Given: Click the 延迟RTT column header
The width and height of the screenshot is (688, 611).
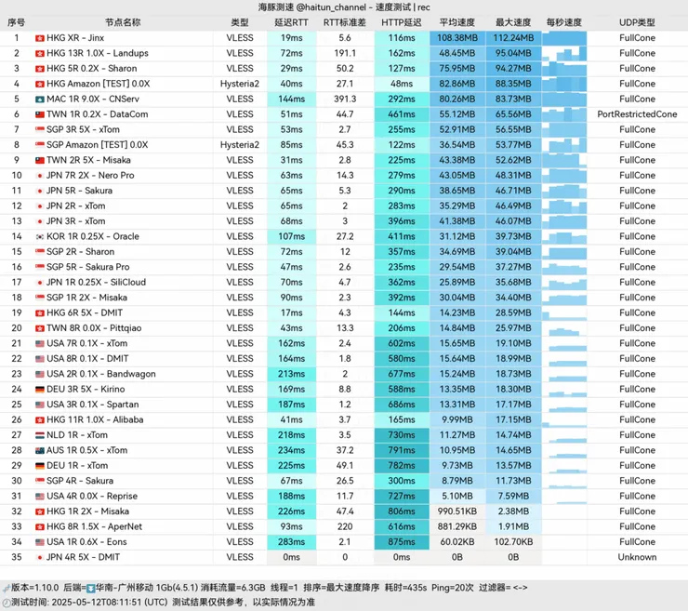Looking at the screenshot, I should pos(291,22).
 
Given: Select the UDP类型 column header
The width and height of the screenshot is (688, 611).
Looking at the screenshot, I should pos(637,22).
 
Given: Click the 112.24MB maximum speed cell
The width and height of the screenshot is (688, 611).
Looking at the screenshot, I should pos(513,38).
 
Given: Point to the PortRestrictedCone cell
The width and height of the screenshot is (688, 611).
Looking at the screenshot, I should pos(637,114).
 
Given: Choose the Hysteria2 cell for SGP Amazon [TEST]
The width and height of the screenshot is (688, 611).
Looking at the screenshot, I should pos(240,145).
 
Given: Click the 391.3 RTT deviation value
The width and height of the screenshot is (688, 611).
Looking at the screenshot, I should pos(345,99).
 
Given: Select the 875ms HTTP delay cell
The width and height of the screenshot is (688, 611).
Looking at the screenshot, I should pos(402,542).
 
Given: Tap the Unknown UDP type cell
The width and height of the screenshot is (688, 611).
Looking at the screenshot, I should pos(637,557).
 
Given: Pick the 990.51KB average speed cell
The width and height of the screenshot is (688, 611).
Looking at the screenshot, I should pos(457,511).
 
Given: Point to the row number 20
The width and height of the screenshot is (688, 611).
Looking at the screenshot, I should pos(16,328).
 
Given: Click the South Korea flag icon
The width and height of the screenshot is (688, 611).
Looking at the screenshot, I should pos(40,236).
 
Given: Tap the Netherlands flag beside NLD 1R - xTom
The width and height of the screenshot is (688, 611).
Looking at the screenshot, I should pos(40,435).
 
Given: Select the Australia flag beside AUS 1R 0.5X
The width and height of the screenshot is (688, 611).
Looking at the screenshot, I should pos(40,450).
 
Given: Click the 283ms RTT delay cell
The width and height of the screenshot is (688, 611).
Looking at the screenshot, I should pos(291,542).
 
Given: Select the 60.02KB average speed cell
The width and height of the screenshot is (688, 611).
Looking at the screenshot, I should pos(457,542).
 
